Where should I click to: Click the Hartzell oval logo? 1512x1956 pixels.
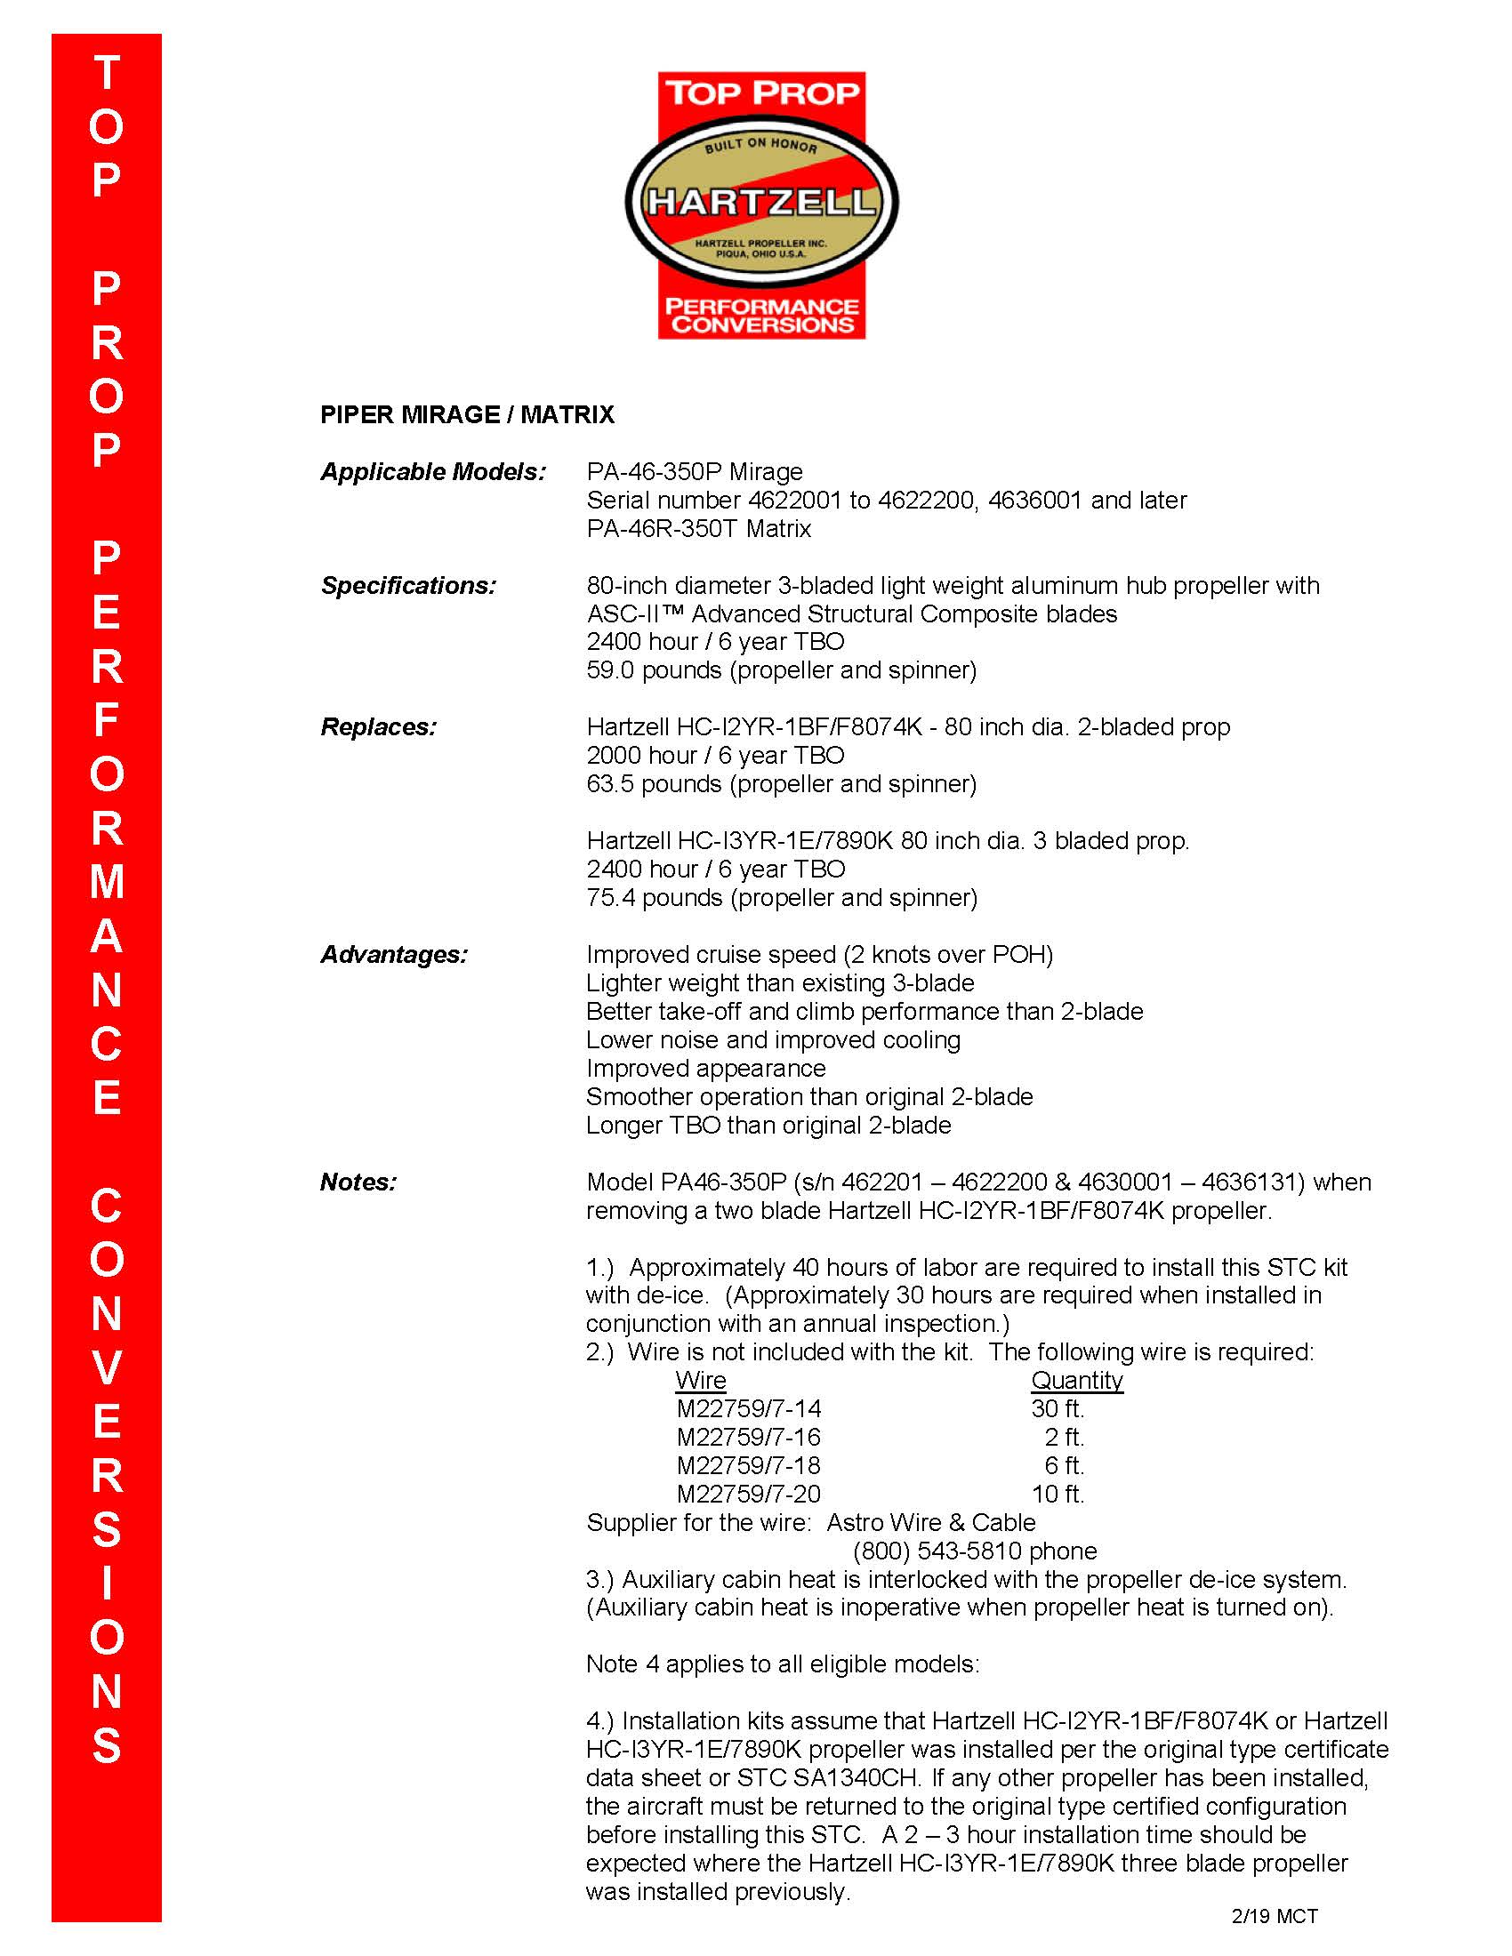tap(761, 203)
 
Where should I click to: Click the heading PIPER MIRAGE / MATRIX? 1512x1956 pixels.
tap(467, 414)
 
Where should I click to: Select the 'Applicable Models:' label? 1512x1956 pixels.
tap(432, 472)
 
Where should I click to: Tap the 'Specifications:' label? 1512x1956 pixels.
tap(407, 586)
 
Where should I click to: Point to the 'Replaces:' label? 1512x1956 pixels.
tap(378, 727)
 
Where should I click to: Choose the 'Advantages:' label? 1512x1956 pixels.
tap(393, 955)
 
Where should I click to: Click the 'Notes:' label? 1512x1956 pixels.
tap(358, 1182)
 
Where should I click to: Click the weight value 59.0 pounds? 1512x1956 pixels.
tap(653, 670)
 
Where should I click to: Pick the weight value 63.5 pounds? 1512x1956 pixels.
tap(653, 784)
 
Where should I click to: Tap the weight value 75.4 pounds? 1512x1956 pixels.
tap(653, 898)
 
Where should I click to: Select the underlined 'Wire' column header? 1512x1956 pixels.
tap(701, 1380)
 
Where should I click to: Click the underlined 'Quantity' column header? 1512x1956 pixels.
tap(1077, 1380)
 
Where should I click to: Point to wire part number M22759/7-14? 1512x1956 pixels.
tap(748, 1409)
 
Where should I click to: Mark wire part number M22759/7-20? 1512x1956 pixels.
tap(748, 1494)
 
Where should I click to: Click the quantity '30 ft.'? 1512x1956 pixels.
tap(1057, 1409)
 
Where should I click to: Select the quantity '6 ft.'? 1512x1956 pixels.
tap(1063, 1465)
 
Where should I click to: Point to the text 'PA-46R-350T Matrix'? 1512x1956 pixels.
tap(699, 528)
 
